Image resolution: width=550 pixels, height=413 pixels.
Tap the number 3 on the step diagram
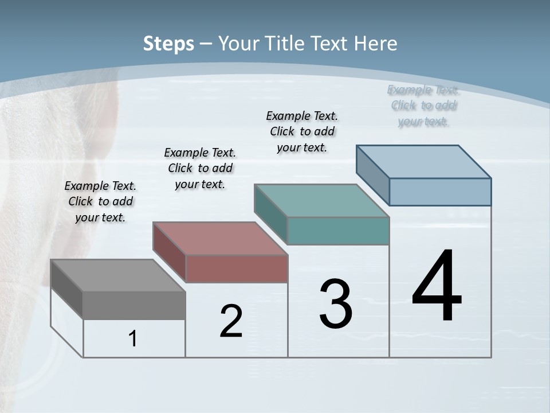coord(336,304)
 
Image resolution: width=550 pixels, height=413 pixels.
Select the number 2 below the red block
coord(231,321)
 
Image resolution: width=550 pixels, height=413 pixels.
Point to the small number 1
coord(132,339)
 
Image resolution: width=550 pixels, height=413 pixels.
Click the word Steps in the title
coord(168,44)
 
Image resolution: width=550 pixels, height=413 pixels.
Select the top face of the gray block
coord(118,275)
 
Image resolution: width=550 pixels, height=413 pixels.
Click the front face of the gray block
coord(134,305)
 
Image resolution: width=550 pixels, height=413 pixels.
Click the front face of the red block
coord(236,268)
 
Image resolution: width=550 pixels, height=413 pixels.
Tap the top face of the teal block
coord(321,201)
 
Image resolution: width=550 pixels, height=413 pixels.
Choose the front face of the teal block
coord(338,231)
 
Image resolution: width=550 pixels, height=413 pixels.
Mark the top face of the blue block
coord(424,162)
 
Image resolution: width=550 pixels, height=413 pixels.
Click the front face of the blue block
coord(440,192)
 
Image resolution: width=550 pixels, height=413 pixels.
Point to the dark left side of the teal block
coord(270,214)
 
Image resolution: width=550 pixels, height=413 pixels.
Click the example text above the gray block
coord(100,201)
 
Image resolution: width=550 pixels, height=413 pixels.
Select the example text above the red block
coord(200,168)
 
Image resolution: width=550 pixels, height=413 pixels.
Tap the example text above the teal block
coord(302,131)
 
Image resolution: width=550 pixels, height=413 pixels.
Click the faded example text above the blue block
coord(423,105)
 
